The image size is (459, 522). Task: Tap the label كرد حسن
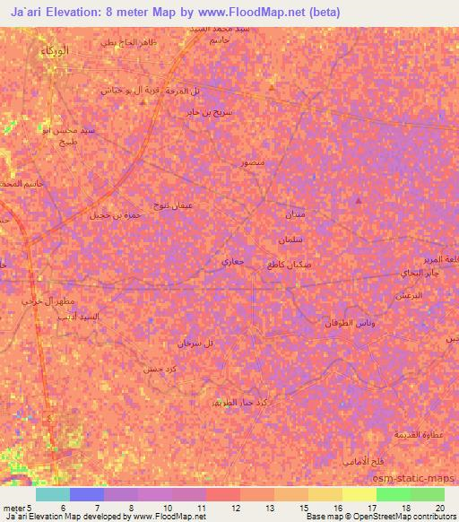pyautogui.click(x=155, y=369)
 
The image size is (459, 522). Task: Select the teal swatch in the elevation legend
pyautogui.click(x=53, y=494)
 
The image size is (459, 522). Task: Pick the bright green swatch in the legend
pyautogui.click(x=392, y=494)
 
